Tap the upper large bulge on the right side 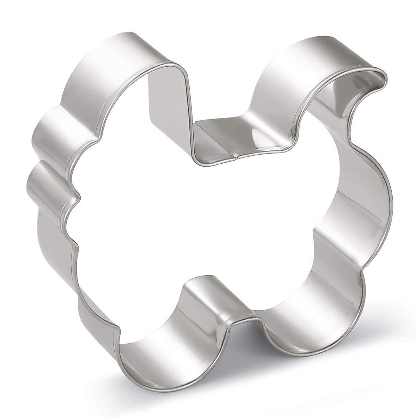pyautogui.click(x=368, y=181)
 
